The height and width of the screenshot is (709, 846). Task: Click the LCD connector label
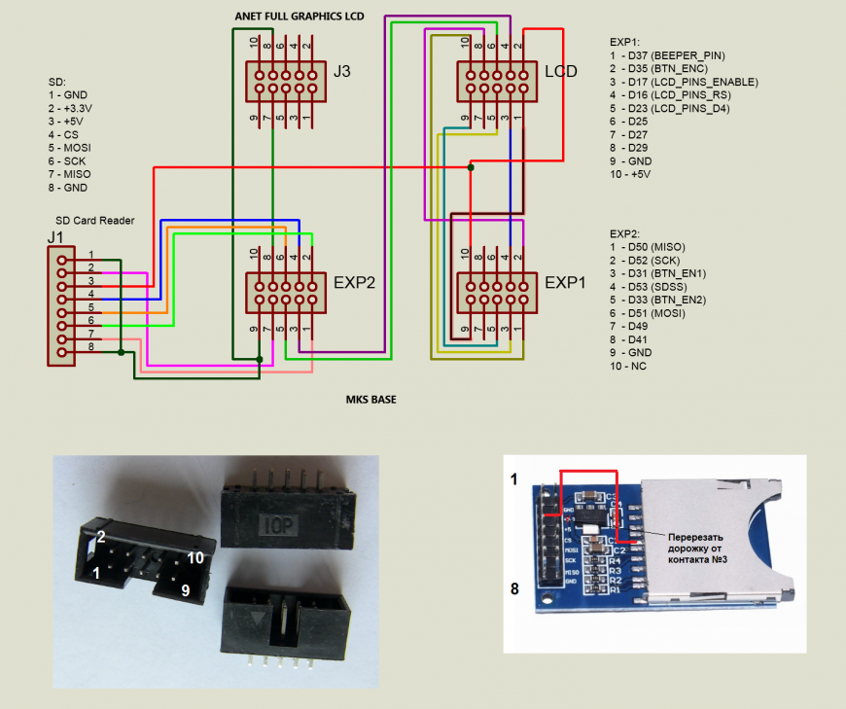(x=561, y=72)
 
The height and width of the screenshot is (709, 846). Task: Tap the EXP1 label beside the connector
(x=567, y=283)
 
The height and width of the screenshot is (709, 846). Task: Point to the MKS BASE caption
(x=371, y=399)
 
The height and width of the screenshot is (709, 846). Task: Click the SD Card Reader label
(x=94, y=220)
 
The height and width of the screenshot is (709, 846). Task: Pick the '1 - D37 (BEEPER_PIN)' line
(x=667, y=55)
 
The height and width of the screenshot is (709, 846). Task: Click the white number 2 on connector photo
(x=100, y=536)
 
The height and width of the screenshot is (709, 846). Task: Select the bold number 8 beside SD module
(x=514, y=587)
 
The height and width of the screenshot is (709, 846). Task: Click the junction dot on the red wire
(x=471, y=167)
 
